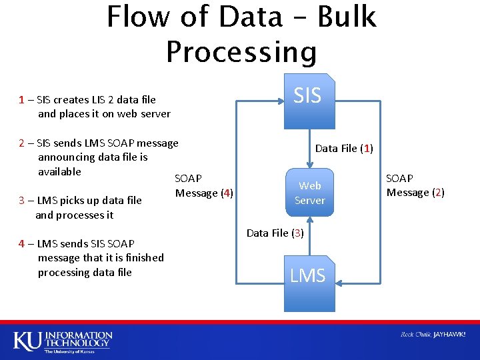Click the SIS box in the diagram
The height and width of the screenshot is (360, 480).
pyautogui.click(x=308, y=100)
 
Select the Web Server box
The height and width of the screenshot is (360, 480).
pyautogui.click(x=309, y=193)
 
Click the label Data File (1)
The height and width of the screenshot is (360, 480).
pyautogui.click(x=344, y=148)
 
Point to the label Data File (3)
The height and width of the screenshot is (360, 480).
pyautogui.click(x=275, y=233)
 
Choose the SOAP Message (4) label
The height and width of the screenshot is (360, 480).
pyautogui.click(x=203, y=186)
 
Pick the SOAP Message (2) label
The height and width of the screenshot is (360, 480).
pyautogui.click(x=415, y=185)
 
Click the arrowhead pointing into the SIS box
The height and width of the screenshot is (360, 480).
pyautogui.click(x=280, y=101)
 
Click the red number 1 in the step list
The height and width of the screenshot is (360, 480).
pyautogui.click(x=22, y=100)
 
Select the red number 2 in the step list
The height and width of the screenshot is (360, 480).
pyautogui.click(x=22, y=143)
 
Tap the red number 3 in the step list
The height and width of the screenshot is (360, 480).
pyautogui.click(x=22, y=200)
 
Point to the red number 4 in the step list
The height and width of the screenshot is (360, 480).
pyautogui.click(x=22, y=244)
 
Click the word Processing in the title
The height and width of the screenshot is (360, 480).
pyautogui.click(x=241, y=52)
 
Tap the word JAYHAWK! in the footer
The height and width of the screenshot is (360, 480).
pyautogui.click(x=449, y=334)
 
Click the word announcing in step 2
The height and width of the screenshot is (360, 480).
pyautogui.click(x=66, y=157)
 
